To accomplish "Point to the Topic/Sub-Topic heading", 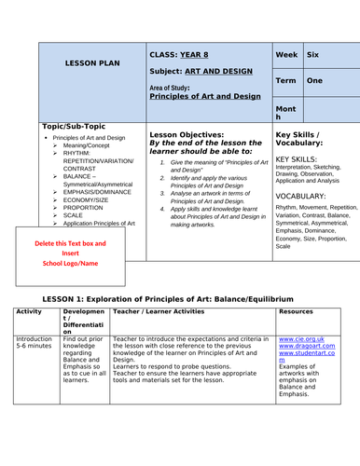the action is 75,126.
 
